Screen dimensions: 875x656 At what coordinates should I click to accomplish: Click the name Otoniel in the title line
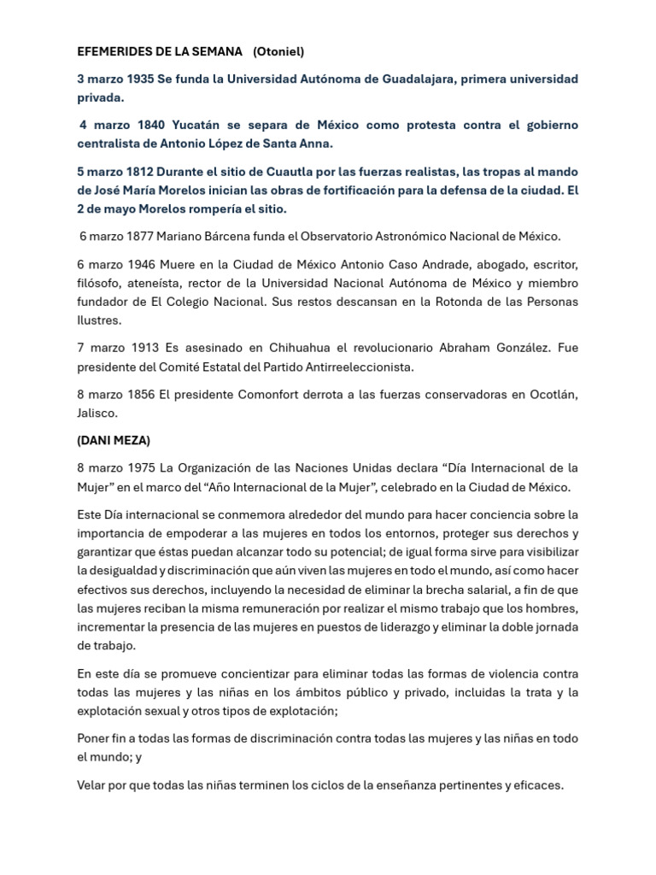pyautogui.click(x=278, y=52)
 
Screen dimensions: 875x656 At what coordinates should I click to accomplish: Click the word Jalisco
pyautogui.click(x=97, y=412)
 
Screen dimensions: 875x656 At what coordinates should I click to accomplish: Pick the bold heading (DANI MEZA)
pyautogui.click(x=114, y=440)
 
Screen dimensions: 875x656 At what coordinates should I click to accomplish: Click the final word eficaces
pyautogui.click(x=539, y=785)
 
